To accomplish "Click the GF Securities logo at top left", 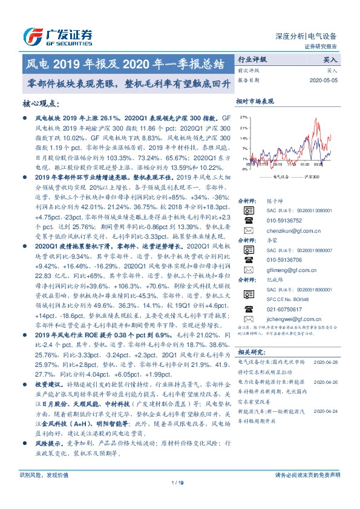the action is (x=57, y=36).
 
